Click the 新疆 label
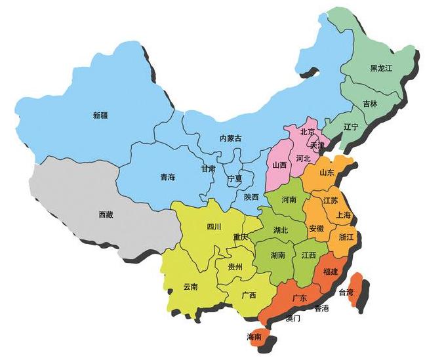pos(100,115)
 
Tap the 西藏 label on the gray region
pos(106,214)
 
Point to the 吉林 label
pos(370,104)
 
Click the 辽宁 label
pos(351,127)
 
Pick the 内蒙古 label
pos(230,138)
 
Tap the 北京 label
pos(308,132)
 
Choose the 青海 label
pos(167,177)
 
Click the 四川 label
pos(214,227)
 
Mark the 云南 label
pos(190,286)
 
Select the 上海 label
pos(343,215)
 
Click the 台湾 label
pos(345,292)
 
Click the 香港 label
pos(321,308)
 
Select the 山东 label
pos(327,173)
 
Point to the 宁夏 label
pos(234,178)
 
